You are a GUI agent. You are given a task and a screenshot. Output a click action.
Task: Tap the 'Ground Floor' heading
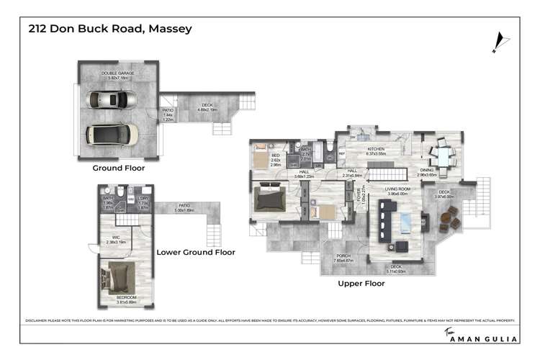pos(118,168)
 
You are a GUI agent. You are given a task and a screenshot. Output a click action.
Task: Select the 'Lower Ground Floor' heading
pos(196,253)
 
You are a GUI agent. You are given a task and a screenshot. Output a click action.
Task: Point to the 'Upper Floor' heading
pos(361,284)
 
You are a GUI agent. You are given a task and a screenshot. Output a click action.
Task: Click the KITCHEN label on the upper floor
pos(377,150)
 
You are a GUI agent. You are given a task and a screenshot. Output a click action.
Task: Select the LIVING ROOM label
pos(397,191)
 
